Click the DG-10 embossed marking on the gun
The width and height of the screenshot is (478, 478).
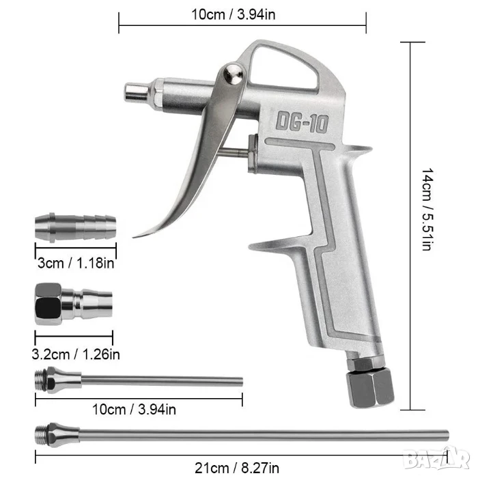click(302, 122)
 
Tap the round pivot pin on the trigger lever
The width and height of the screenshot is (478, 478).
click(234, 74)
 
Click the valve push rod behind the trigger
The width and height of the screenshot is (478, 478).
click(234, 152)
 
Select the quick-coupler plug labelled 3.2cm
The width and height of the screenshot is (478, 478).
click(74, 304)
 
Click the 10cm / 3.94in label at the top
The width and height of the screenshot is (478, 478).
click(234, 14)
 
